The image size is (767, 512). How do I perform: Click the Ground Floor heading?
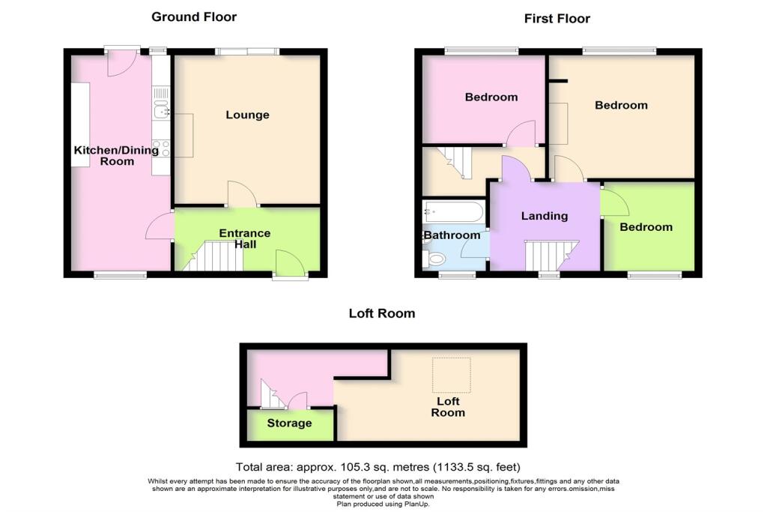pyautogui.click(x=195, y=16)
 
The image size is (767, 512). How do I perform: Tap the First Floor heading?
pyautogui.click(x=557, y=19)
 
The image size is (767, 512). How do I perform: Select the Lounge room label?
pyautogui.click(x=247, y=115)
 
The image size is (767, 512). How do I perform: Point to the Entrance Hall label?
pyautogui.click(x=244, y=238)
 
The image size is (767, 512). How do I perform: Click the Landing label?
pyautogui.click(x=544, y=216)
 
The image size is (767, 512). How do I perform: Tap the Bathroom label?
pyautogui.click(x=452, y=235)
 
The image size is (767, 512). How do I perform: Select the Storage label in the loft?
pyautogui.click(x=289, y=423)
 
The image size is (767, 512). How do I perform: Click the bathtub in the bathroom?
pyautogui.click(x=452, y=211)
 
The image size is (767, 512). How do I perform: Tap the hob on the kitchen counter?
pyautogui.click(x=160, y=148)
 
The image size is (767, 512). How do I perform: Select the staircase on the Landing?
pyautogui.click(x=551, y=254)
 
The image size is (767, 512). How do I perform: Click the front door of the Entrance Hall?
pyautogui.click(x=289, y=264)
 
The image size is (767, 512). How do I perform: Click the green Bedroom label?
pyautogui.click(x=645, y=227)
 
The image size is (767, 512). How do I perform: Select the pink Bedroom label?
pyautogui.click(x=491, y=97)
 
